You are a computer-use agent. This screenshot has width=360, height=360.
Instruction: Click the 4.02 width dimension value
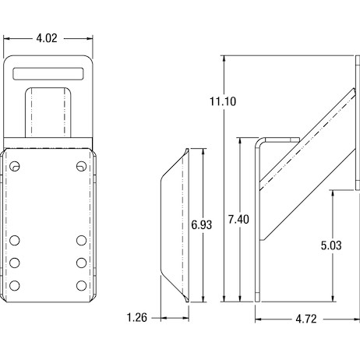[47, 38]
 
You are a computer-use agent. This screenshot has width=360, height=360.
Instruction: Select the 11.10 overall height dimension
[223, 101]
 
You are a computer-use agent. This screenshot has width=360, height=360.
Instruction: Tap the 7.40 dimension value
[238, 219]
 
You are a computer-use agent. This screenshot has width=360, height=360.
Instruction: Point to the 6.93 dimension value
[202, 224]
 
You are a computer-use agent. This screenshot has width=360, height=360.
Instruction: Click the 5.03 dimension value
[331, 245]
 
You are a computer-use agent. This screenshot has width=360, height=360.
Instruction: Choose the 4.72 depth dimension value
[306, 319]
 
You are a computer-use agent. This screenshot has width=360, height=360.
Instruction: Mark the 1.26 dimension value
[137, 317]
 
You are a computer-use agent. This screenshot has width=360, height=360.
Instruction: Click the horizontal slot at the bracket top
[48, 74]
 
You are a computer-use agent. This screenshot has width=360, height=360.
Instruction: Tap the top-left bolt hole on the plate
[15, 166]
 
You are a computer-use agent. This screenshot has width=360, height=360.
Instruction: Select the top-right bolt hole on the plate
[82, 166]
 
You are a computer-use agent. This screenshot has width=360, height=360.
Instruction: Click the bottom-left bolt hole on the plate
[15, 286]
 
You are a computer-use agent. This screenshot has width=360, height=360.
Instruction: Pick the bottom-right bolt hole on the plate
[82, 286]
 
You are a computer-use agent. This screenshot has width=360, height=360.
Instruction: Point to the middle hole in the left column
[15, 263]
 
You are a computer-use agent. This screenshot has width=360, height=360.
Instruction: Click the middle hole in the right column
[82, 263]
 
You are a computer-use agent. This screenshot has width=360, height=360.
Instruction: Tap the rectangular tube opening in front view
[48, 112]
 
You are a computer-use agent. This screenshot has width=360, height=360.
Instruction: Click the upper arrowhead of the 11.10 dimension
[224, 58]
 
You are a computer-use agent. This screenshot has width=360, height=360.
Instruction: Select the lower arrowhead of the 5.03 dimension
[333, 298]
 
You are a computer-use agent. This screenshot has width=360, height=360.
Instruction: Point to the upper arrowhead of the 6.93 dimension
[203, 152]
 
